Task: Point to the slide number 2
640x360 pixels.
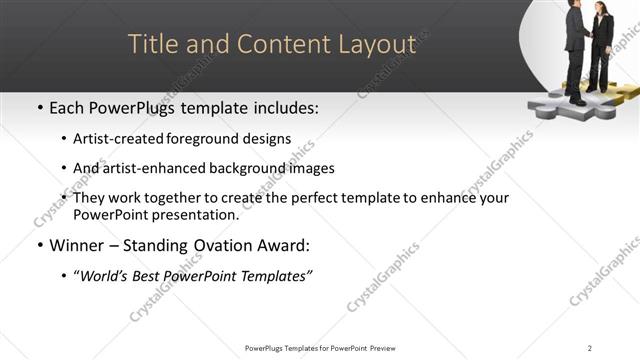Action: (589, 348)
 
